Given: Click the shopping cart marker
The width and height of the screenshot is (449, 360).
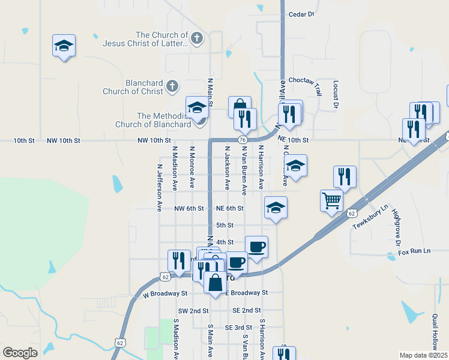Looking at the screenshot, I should [331, 201].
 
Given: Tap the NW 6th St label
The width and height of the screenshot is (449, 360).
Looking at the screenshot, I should [189, 208].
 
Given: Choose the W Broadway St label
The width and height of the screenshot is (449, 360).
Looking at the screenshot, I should [166, 294].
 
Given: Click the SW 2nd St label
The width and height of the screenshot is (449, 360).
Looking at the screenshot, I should [193, 311].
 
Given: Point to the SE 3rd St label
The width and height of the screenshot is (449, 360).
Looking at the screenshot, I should [238, 327].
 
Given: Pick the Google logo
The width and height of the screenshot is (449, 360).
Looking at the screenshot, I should [20, 352].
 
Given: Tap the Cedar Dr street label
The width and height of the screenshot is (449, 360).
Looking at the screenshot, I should [301, 14].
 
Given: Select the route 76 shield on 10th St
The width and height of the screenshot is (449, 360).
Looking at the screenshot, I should [242, 140].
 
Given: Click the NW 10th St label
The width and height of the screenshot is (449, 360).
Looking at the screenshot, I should [154, 140].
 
